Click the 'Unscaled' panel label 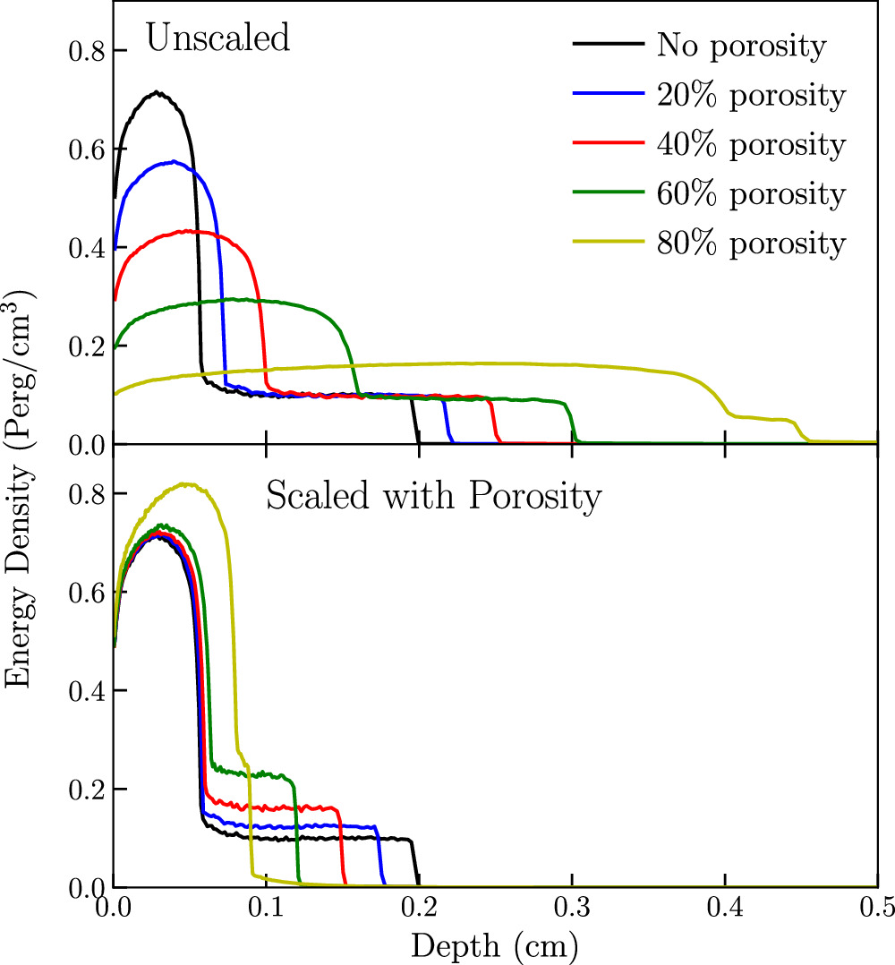click(218, 39)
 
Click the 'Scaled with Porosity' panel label click(432, 498)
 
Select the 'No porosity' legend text click(741, 45)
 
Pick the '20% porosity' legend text click(750, 95)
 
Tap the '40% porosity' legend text click(750, 144)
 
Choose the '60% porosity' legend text click(750, 193)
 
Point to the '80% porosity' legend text click(750, 243)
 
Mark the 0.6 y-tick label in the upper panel click(88, 149)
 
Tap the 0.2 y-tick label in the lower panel click(88, 789)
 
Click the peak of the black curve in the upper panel click(157, 91)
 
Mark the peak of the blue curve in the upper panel click(172, 161)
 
